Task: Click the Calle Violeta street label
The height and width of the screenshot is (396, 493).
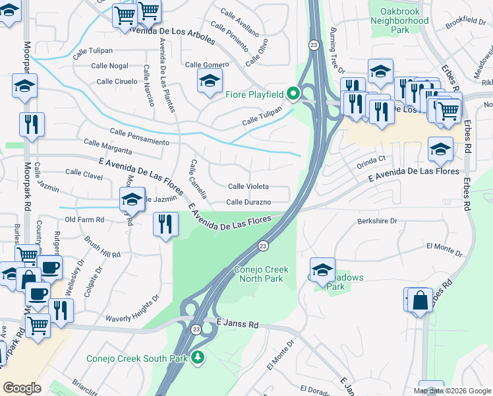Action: point(248,187)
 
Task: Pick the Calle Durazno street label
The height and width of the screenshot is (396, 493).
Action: point(248,202)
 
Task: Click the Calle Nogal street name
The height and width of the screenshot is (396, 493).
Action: point(109,65)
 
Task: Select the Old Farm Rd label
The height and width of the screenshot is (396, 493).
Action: point(84,220)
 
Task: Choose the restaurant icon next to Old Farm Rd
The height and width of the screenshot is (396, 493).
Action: point(165,224)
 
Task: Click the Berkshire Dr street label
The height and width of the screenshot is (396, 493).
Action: point(378,222)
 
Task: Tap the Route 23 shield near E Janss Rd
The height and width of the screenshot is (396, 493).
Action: point(196,329)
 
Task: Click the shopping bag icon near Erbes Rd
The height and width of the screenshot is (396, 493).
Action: point(420,300)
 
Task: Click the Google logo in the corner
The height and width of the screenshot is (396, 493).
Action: point(22,388)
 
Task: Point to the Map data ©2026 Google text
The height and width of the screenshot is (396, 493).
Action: point(451,391)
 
